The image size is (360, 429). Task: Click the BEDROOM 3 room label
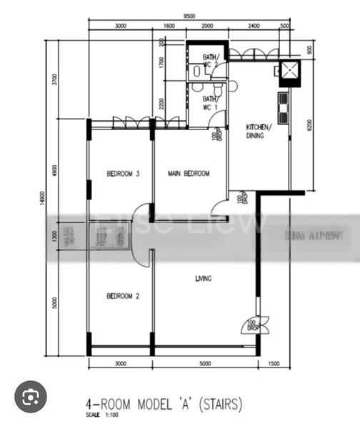tap(123, 174)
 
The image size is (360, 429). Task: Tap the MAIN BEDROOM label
tap(189, 174)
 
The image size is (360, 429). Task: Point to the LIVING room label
tap(204, 278)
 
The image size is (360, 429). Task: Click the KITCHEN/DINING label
tap(258, 130)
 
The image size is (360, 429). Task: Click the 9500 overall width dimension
tap(189, 15)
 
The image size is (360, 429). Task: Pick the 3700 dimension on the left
tap(54, 79)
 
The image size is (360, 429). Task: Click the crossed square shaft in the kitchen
tap(290, 71)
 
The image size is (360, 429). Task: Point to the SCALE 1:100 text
tap(103, 415)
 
